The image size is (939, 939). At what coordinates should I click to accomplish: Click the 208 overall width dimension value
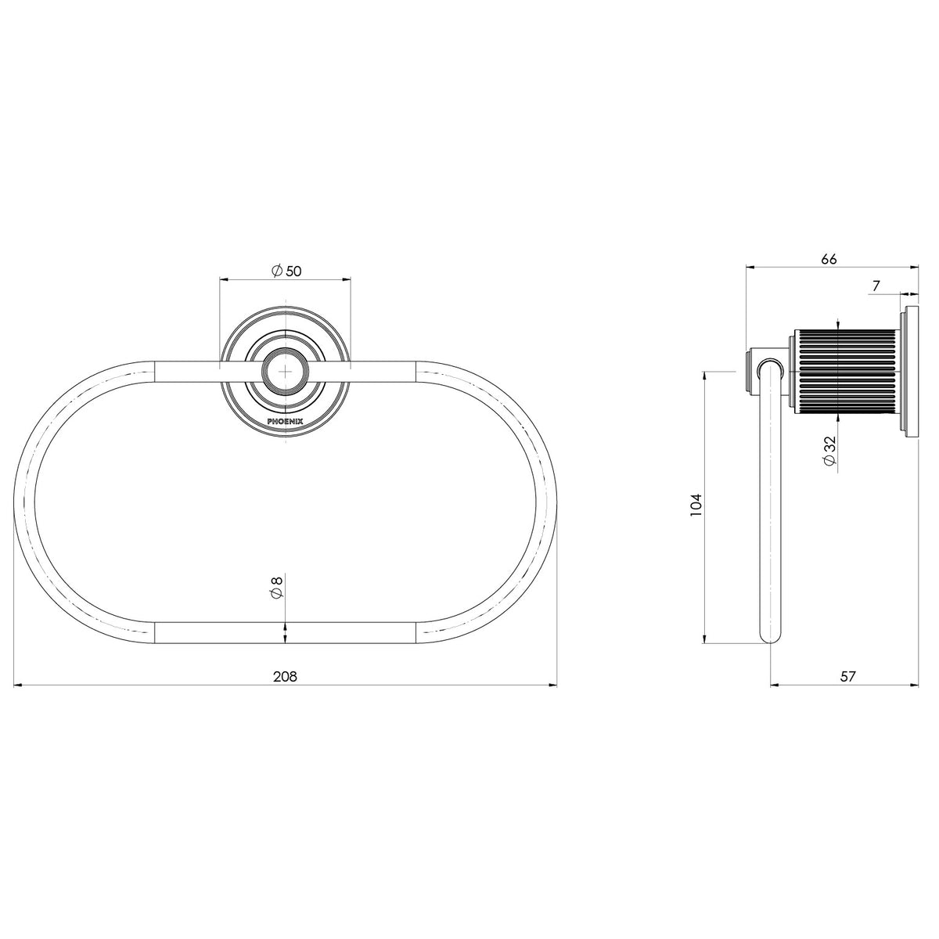click(285, 676)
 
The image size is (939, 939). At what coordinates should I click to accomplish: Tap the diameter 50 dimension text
click(286, 271)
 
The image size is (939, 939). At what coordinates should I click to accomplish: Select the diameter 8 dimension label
click(276, 588)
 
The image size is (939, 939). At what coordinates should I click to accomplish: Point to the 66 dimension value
click(829, 259)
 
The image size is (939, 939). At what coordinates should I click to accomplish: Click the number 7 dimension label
click(876, 286)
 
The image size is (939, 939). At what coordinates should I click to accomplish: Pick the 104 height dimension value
click(697, 505)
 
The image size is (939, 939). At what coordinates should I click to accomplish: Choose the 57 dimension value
click(848, 676)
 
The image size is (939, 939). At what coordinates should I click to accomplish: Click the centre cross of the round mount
click(285, 372)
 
